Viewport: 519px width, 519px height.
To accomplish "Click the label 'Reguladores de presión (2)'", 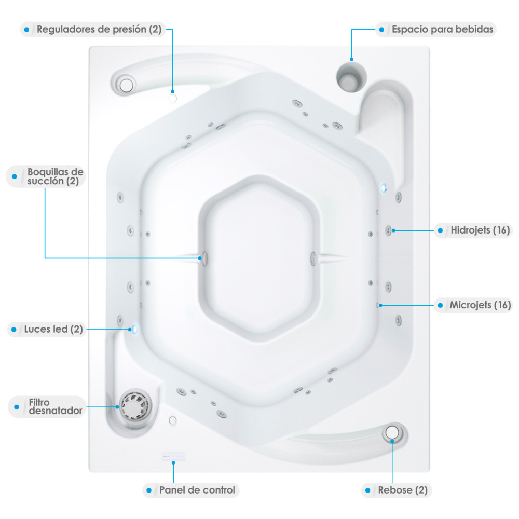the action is [x=99, y=29].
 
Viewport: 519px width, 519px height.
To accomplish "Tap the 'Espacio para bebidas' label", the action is [x=443, y=29].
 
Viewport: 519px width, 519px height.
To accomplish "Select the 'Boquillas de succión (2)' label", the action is [x=56, y=176].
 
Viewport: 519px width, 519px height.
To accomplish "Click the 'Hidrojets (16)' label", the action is [x=480, y=230].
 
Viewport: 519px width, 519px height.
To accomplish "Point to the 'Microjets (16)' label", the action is [x=480, y=305].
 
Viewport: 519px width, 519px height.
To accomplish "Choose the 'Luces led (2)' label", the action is [x=53, y=330].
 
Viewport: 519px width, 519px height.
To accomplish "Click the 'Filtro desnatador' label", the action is [x=56, y=406].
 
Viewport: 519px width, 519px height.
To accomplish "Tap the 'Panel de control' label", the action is [x=197, y=490].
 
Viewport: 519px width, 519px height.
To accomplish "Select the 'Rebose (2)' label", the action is [x=403, y=490].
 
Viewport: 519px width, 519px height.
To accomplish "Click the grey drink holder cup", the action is [x=351, y=77].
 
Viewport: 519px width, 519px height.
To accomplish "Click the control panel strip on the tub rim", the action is [x=173, y=456].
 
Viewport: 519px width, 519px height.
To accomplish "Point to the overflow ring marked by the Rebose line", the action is [x=392, y=432].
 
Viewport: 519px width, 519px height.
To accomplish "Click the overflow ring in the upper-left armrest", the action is [x=126, y=85].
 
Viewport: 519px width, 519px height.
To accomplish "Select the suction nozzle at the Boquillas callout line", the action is [x=204, y=258].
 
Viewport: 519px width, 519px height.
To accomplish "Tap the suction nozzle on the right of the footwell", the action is [x=313, y=258].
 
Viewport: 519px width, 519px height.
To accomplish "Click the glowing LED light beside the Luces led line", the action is [x=134, y=329].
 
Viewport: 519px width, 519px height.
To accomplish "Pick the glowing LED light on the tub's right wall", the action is [x=384, y=188].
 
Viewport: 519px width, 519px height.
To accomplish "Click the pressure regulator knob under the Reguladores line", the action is [x=172, y=98].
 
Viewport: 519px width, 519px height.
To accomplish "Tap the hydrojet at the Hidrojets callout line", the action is [x=388, y=230].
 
